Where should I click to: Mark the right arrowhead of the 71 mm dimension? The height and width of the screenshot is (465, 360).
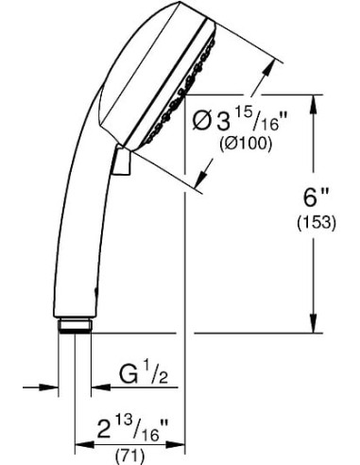point(179,438)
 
